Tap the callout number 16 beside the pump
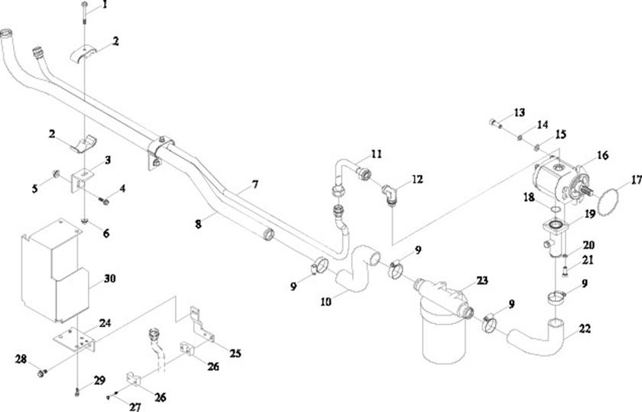602,155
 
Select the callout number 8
198,224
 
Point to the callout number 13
519,112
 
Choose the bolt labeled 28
43,373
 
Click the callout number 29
99,380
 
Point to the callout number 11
376,154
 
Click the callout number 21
587,261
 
